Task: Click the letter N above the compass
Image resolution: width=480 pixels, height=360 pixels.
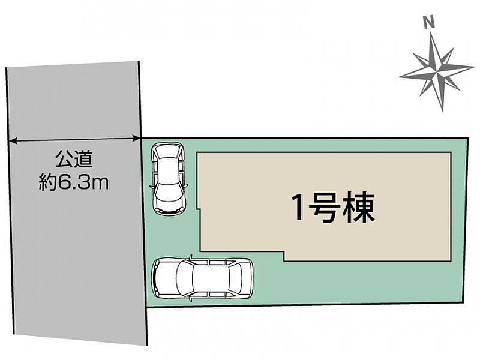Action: tap(429, 22)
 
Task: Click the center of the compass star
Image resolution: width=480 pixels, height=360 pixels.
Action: tap(437, 72)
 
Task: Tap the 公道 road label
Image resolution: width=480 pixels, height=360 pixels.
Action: tap(74, 159)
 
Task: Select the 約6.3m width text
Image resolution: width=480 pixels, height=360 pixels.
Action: tap(73, 183)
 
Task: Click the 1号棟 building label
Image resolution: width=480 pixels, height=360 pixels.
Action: tap(334, 208)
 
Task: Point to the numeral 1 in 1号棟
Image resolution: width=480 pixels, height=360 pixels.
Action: tap(298, 208)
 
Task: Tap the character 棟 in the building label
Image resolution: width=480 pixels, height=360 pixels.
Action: tap(359, 208)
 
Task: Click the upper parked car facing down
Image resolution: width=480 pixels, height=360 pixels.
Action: tap(169, 179)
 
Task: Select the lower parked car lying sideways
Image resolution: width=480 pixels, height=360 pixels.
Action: tap(202, 278)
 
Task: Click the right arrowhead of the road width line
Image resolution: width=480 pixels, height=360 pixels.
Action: tap(136, 139)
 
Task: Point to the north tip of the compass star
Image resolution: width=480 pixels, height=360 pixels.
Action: tap(431, 32)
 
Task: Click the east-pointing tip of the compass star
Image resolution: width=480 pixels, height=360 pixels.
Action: tap(474, 67)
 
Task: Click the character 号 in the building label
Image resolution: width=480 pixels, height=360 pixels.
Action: tap(324, 208)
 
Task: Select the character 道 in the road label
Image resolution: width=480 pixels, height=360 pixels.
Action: tap(83, 159)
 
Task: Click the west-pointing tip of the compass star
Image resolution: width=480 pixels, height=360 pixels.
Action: tap(400, 77)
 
